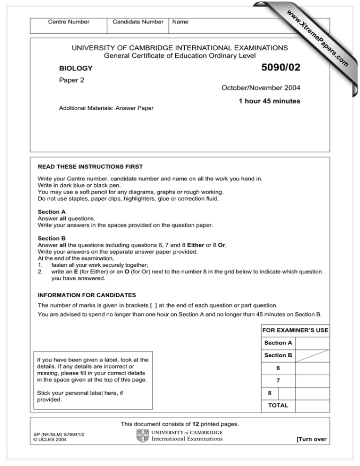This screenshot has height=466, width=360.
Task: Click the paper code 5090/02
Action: point(275,69)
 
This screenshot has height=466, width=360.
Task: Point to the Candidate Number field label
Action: point(138,22)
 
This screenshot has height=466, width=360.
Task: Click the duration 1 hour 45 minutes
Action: point(269,101)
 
